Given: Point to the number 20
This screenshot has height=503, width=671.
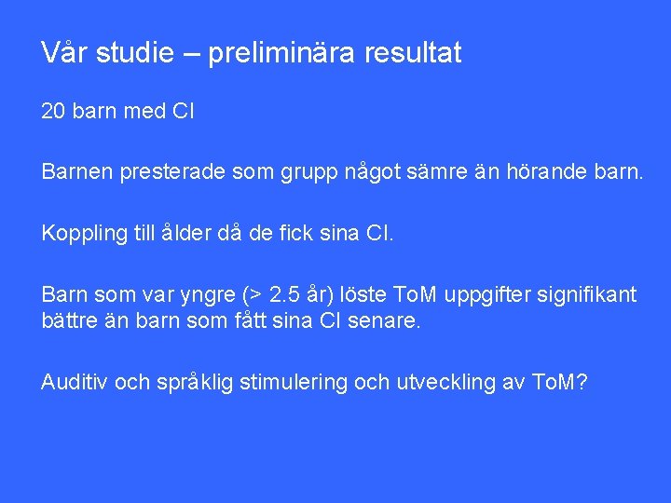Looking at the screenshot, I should [x=53, y=113].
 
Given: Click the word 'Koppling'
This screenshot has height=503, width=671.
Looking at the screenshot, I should [x=81, y=233].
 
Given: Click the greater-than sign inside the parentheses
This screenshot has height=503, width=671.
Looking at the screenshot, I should [x=253, y=295].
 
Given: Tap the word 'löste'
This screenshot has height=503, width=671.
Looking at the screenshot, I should [x=362, y=295].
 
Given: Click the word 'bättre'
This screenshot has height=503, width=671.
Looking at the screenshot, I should [x=71, y=321].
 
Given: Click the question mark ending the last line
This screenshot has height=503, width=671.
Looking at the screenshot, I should [x=582, y=381].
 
